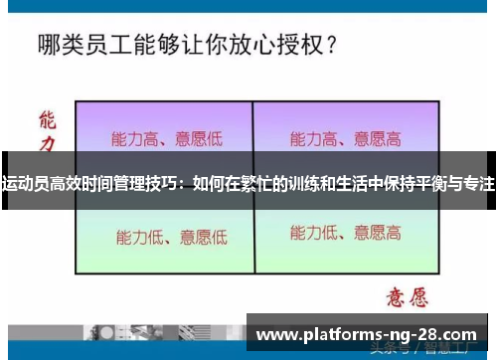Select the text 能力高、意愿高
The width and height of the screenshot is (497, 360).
click(345, 138)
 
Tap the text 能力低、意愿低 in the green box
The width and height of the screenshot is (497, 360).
click(171, 237)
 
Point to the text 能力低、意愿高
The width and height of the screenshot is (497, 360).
click(345, 234)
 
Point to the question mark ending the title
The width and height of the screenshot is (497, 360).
click(328, 45)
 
